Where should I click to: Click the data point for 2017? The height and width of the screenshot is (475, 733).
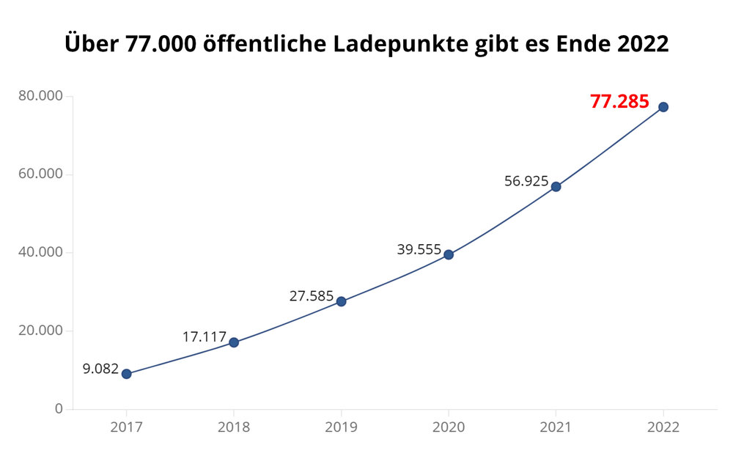126,374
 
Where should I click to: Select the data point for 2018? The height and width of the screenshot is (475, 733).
234,342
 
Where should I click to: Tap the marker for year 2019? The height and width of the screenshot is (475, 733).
341,301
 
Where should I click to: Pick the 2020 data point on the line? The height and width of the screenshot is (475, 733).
449,255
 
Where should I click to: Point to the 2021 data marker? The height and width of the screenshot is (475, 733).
556,187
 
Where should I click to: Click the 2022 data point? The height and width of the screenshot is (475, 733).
663,107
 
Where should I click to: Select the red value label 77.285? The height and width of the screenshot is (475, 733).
619,102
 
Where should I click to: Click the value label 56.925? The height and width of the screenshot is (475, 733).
526,181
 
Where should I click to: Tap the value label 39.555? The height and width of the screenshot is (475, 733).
419,250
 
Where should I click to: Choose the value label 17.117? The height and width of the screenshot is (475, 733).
205,337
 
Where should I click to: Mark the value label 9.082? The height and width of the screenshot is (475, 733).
100,369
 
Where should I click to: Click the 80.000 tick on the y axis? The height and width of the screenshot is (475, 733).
41,96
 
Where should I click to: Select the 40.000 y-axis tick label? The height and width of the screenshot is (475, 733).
41,252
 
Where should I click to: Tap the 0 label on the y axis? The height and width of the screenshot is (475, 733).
59,408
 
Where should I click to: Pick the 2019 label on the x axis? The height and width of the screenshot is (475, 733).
341,427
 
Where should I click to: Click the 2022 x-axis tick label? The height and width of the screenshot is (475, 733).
663,427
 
